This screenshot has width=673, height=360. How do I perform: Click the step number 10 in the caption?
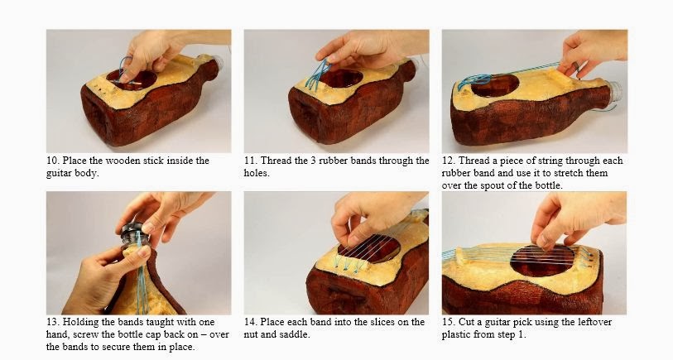coord(51,161)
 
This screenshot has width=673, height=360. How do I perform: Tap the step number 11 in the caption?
coord(250,161)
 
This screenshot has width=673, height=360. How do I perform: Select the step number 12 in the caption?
coord(448,161)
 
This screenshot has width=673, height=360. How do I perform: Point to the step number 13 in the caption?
coord(51,322)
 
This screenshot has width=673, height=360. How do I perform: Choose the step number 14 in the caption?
coord(250,322)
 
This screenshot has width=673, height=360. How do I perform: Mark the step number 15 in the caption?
coord(448,322)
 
